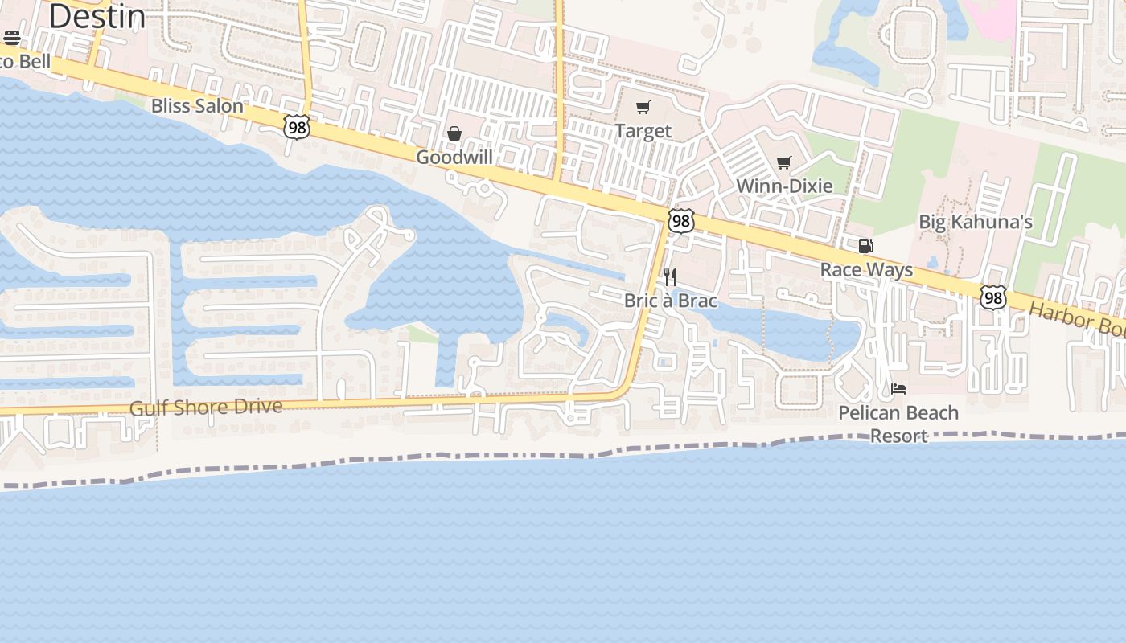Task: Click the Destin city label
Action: tap(97, 16)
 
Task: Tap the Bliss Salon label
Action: tap(197, 105)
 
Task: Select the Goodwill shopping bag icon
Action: tap(454, 133)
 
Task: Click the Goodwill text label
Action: tap(454, 157)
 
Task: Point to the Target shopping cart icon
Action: tap(643, 108)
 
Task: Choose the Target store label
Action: tap(643, 130)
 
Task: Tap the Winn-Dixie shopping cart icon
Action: tap(784, 163)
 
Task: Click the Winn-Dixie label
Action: tap(784, 186)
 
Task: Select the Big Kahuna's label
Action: tap(976, 222)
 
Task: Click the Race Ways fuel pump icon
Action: tap(865, 246)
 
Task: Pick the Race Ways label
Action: tap(866, 269)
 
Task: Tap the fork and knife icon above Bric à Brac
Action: tap(669, 277)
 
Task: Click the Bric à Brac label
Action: tap(670, 300)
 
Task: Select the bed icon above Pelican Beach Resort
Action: tap(898, 389)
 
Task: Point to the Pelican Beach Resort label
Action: tap(898, 424)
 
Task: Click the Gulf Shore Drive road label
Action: tap(206, 408)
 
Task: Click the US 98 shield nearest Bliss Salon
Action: tap(296, 126)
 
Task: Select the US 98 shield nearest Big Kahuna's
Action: tap(993, 297)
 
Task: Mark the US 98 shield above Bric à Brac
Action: tap(680, 220)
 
